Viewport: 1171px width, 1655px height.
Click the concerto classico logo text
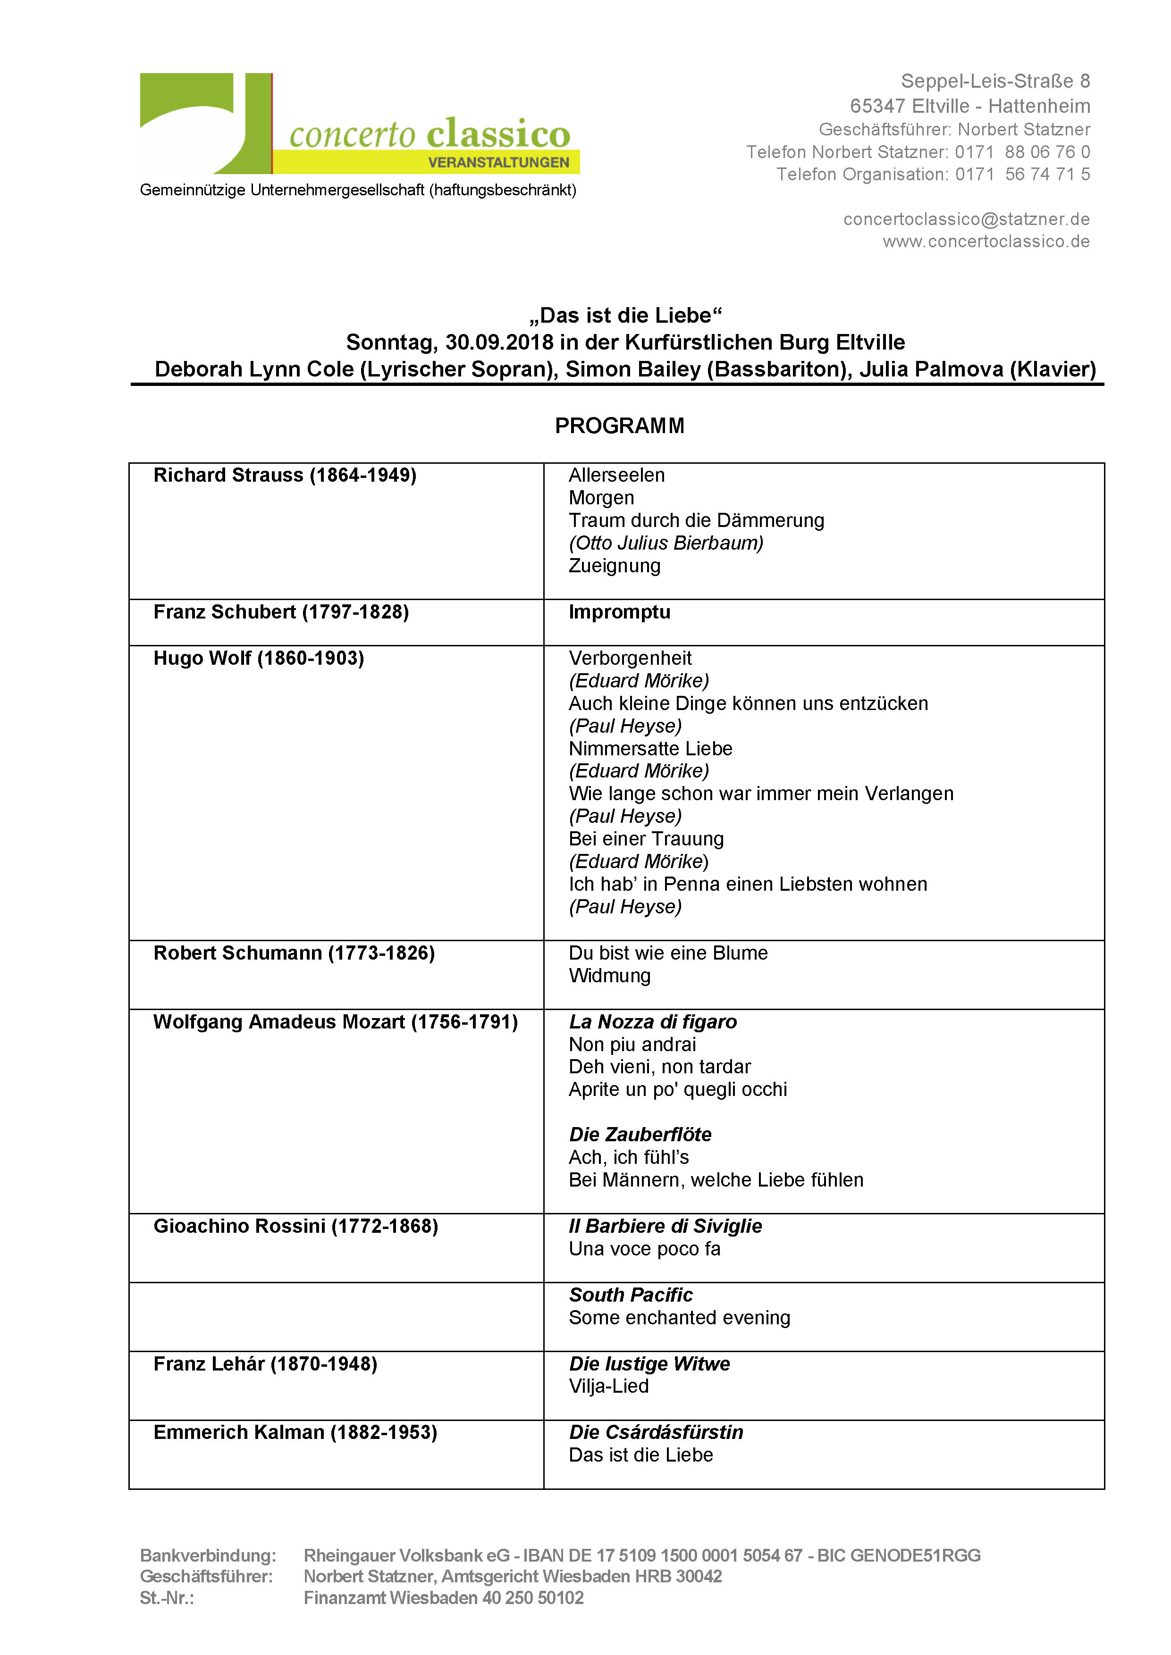[430, 134]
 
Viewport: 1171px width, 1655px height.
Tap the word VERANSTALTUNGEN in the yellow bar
[498, 163]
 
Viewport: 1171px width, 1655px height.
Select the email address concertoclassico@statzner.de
[966, 219]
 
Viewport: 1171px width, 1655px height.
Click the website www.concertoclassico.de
[986, 242]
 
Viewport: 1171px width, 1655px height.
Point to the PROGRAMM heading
[619, 426]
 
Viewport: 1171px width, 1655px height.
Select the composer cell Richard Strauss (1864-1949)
[285, 475]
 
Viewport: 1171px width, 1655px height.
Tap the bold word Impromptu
[619, 612]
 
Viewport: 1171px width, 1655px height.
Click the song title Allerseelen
[616, 475]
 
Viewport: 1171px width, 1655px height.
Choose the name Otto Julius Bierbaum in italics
[666, 543]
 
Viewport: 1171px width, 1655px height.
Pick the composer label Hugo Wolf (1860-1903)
[258, 658]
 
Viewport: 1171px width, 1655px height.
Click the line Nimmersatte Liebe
[650, 748]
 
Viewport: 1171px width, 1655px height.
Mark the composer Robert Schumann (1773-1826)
[294, 953]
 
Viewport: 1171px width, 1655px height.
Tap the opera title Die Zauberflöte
[640, 1135]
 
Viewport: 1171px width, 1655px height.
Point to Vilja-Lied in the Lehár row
[608, 1386]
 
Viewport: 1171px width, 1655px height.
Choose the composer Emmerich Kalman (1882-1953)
[295, 1432]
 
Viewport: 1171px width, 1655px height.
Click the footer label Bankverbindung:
[208, 1555]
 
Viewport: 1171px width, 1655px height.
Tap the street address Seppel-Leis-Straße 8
[995, 82]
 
